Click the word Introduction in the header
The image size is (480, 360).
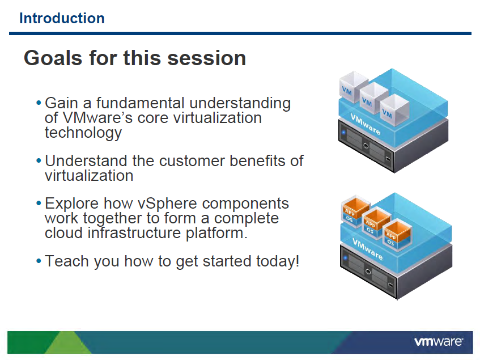[62, 18]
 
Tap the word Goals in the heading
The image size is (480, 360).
[53, 58]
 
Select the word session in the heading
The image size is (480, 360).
[207, 58]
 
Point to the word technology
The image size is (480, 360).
[83, 133]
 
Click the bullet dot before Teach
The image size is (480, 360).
[39, 261]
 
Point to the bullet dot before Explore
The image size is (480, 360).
[39, 203]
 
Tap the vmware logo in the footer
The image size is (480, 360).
[439, 342]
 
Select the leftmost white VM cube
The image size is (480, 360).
[354, 87]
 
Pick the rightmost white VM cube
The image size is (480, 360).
[394, 110]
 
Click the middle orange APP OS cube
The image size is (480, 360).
[376, 223]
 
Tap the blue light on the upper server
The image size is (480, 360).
[343, 132]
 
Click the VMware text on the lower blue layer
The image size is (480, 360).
[367, 249]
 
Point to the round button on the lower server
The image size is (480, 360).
[368, 272]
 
